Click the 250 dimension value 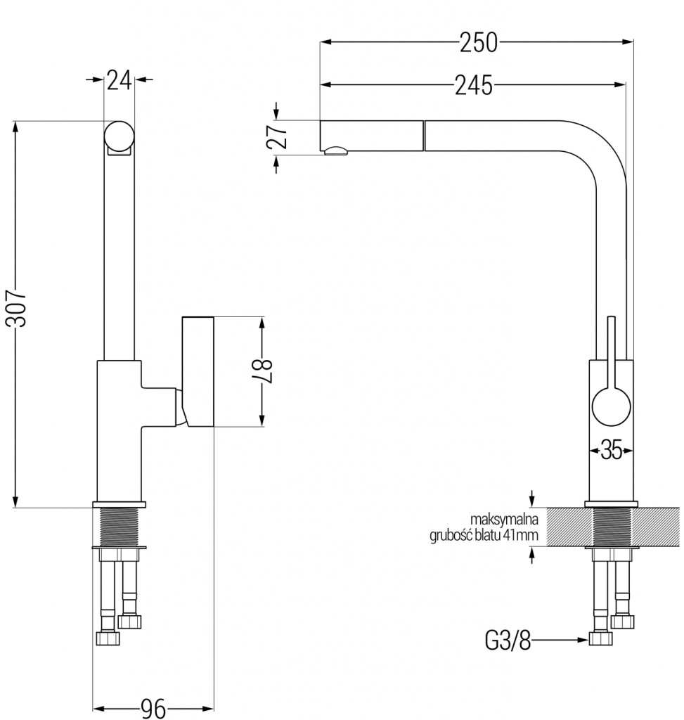tap(479, 43)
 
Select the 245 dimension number tap(473, 85)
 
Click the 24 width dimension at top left tap(120, 80)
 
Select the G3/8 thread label tap(507, 641)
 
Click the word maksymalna tap(504, 520)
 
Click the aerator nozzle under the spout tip tap(336, 150)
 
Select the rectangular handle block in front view tap(198, 371)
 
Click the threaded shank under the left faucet tap(119, 525)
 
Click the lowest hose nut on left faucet tap(107, 638)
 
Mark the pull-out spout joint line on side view tap(424, 136)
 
